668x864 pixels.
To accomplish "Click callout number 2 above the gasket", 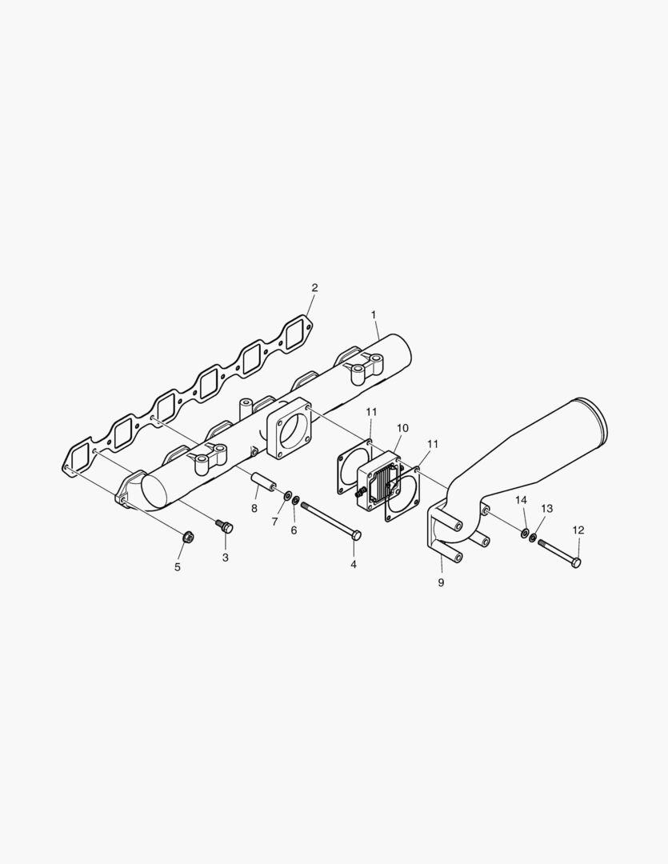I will click(314, 287).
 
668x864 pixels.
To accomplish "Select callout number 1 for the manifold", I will click(374, 314).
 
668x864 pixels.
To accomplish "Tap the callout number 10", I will click(402, 428).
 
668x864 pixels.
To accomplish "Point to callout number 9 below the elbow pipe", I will click(441, 582).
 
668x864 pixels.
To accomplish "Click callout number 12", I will click(578, 530).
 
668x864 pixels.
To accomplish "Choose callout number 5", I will click(178, 566).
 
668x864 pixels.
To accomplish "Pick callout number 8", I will click(254, 508).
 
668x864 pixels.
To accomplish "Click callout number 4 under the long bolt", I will click(353, 564).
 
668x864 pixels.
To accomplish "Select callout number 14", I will click(521, 499).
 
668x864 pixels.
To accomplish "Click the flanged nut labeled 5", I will click(187, 535).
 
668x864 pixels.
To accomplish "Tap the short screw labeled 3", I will click(225, 526).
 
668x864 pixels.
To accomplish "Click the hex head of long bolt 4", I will click(357, 535).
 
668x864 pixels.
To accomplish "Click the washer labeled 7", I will click(287, 498).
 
